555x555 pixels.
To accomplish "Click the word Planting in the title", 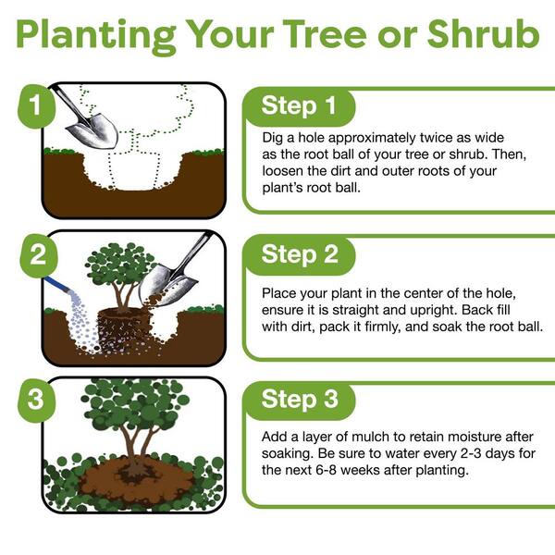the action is click(96, 36).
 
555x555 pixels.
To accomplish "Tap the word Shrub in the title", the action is click(483, 33).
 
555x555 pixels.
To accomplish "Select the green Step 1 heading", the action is click(299, 105).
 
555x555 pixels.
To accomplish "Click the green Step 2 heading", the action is click(300, 254).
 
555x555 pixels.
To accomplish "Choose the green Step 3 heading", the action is click(300, 399).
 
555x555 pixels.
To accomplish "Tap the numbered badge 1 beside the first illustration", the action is click(36, 105).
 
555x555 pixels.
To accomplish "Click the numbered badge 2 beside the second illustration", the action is click(38, 254).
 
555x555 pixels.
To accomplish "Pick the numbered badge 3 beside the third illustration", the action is click(36, 400).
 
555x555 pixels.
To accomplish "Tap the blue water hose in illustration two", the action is click(58, 285).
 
